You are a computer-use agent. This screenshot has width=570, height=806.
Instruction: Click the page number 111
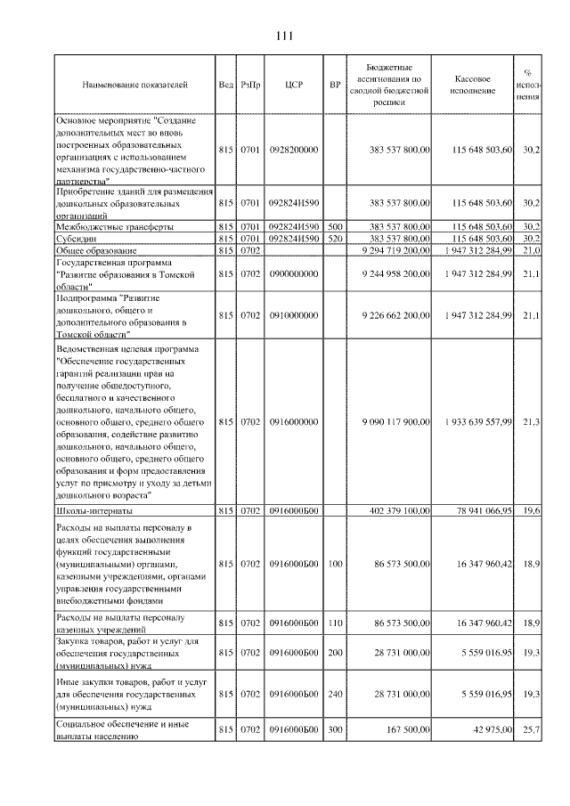pos(285,37)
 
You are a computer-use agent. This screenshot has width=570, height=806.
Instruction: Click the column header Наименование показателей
pos(134,85)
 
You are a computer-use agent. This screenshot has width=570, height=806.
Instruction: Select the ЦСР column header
pos(294,85)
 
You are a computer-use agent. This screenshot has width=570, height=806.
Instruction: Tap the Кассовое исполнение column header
pos(472,85)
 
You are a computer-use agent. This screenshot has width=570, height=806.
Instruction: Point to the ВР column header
pos(335,85)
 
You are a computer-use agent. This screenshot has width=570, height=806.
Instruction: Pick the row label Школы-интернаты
pos(94,511)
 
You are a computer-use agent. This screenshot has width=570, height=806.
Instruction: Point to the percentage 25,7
pos(531,730)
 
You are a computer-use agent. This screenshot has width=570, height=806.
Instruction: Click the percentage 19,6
pos(531,511)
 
